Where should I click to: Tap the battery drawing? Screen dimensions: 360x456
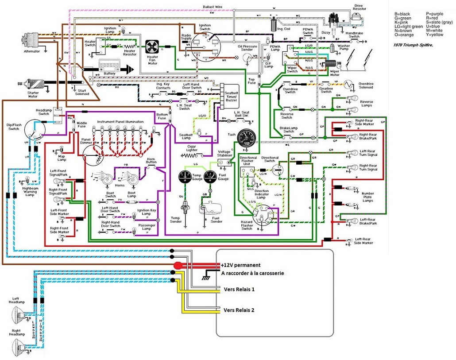coord(109,66)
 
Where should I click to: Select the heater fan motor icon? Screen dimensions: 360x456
coord(152,47)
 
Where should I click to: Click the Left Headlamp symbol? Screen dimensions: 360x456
coord(17,315)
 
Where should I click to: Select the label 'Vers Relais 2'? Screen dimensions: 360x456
coord(239,310)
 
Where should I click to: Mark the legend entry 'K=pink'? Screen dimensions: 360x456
coord(402,23)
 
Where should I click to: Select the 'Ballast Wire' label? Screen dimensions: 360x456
coord(213,7)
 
